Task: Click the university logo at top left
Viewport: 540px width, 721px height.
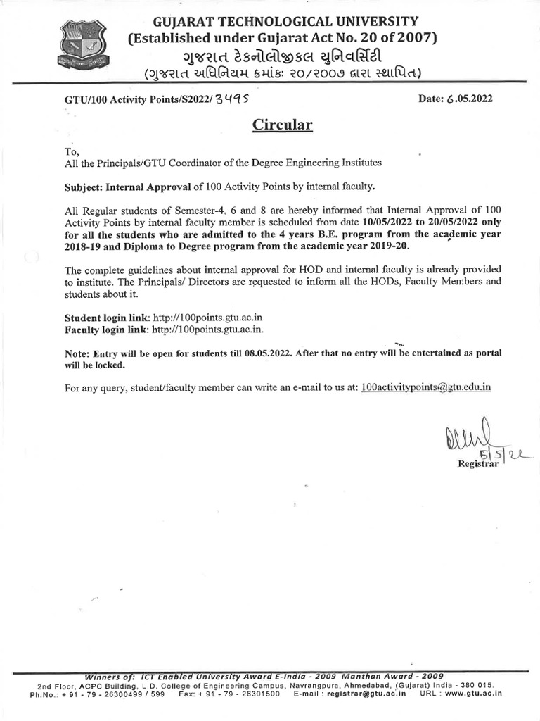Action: tap(83, 46)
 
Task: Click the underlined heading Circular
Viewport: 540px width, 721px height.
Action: tap(282, 126)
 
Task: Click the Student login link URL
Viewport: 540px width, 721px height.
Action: tap(207, 318)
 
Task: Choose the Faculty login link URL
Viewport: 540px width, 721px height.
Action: tap(209, 330)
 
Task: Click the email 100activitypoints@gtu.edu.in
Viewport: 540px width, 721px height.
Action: tap(435, 387)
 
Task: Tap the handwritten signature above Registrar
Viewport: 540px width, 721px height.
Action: tap(468, 442)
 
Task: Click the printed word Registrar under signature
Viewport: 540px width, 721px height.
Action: tap(478, 464)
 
